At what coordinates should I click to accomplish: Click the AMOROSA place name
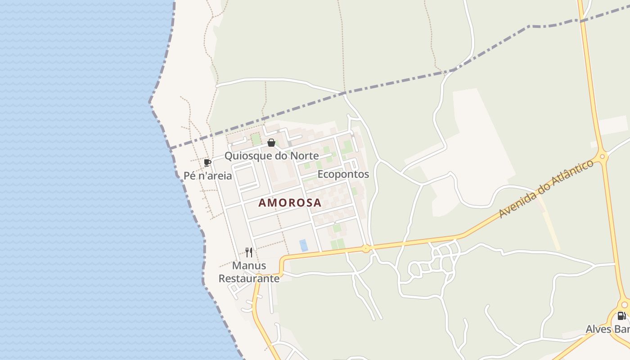(290, 203)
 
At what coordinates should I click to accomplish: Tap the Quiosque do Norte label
(271, 156)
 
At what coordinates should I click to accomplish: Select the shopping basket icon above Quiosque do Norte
(271, 143)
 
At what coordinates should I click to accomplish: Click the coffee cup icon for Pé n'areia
(207, 162)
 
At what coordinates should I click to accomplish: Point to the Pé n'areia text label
(208, 176)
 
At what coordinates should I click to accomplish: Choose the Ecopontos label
(343, 174)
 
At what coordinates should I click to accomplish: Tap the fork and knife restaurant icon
(249, 252)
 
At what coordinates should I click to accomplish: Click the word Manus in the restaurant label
(249, 266)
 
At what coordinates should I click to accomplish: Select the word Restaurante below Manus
(249, 279)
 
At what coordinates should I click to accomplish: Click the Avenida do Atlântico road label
(545, 189)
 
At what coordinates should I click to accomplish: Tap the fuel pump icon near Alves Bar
(621, 316)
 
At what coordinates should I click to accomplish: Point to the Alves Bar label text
(607, 329)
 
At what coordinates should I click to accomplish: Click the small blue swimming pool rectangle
(304, 245)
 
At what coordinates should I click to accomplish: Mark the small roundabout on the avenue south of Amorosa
(366, 248)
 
